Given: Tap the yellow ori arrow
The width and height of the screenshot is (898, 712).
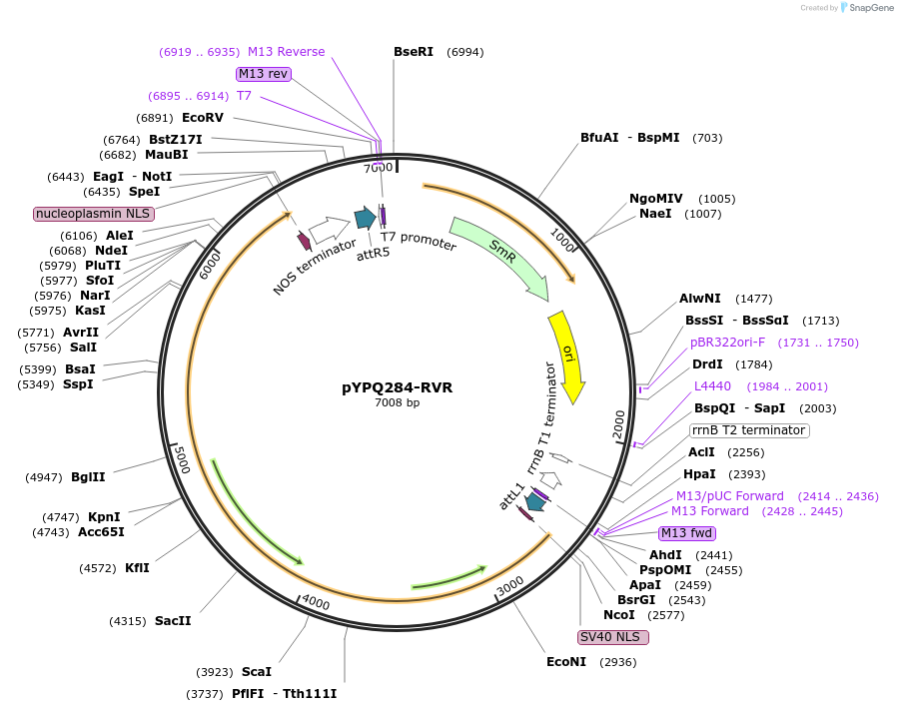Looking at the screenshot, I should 567,356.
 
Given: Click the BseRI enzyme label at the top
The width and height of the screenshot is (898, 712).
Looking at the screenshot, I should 414,52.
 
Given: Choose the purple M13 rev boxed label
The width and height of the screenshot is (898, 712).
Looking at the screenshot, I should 263,74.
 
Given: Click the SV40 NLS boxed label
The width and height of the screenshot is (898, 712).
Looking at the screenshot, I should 612,637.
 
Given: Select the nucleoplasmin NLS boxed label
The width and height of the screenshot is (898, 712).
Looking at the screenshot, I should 93,214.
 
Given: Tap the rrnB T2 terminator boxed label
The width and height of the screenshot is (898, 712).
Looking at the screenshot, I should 748,430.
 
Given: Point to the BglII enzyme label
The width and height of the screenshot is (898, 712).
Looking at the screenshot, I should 88,477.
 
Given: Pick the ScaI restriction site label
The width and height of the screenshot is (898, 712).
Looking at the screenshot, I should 256,672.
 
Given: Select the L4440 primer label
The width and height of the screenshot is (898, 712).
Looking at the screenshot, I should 713,386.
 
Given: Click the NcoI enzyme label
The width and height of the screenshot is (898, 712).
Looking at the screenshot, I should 618,615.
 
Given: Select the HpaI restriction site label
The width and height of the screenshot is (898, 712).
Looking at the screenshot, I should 699,474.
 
